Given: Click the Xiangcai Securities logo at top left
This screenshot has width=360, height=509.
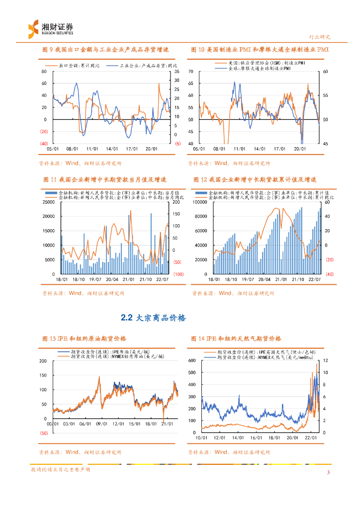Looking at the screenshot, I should click(50, 28).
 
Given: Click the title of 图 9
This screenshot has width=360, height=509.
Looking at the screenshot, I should click(106, 50).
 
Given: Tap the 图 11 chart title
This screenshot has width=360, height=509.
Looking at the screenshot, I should click(104, 179).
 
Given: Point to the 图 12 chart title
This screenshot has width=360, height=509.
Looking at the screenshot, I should click(255, 179).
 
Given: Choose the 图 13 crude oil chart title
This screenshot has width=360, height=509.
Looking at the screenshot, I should click(85, 339).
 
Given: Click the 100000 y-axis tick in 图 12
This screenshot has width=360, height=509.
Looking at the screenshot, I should click(200, 202).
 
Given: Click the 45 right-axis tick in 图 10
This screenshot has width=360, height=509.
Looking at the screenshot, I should click(325, 144).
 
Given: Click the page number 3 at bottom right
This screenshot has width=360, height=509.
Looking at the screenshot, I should click(328, 472).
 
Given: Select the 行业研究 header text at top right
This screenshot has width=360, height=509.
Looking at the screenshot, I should click(319, 37).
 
